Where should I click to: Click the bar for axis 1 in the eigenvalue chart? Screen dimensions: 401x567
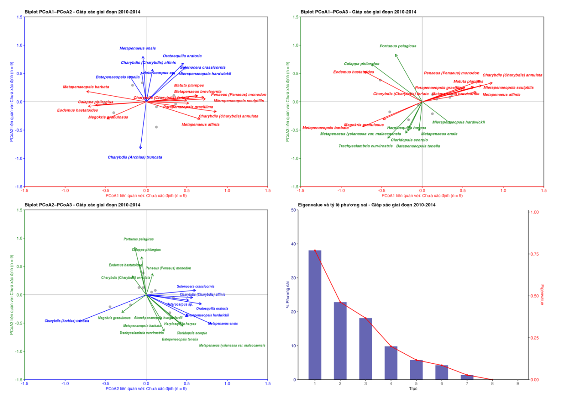pyautogui.click(x=315, y=315)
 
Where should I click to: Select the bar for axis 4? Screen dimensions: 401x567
pyautogui.click(x=391, y=363)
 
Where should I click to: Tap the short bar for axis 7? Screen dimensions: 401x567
pyautogui.click(x=467, y=377)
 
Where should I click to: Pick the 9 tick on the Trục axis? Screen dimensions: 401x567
pyautogui.click(x=518, y=383)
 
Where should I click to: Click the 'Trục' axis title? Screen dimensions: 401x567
pyautogui.click(x=413, y=389)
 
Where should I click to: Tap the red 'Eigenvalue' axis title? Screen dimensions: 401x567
pyautogui.click(x=542, y=295)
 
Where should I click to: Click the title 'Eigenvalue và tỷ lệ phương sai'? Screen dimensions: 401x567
pyautogui.click(x=367, y=205)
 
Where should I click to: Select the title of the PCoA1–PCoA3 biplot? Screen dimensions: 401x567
pyautogui.click(x=358, y=12)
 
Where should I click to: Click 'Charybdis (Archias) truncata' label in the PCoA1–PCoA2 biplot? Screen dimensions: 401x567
pyautogui.click(x=135, y=157)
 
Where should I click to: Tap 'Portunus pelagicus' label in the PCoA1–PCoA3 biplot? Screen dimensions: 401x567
pyautogui.click(x=398, y=46)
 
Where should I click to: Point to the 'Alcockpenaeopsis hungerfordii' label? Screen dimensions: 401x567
pyautogui.click(x=158, y=318)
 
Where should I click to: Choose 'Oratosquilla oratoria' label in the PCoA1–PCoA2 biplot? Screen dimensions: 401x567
pyautogui.click(x=182, y=56)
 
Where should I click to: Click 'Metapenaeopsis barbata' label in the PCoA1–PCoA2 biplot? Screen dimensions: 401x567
pyautogui.click(x=86, y=87)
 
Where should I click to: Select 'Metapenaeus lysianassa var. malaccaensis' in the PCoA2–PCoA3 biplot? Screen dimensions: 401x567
pyautogui.click(x=232, y=346)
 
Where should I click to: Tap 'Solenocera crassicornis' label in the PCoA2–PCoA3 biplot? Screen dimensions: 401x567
pyautogui.click(x=195, y=286)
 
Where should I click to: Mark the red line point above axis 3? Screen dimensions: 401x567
pyautogui.click(x=366, y=318)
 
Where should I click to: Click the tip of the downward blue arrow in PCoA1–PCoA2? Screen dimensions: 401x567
pyautogui.click(x=140, y=149)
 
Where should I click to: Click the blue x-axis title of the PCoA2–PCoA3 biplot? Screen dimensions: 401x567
pyautogui.click(x=146, y=389)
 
